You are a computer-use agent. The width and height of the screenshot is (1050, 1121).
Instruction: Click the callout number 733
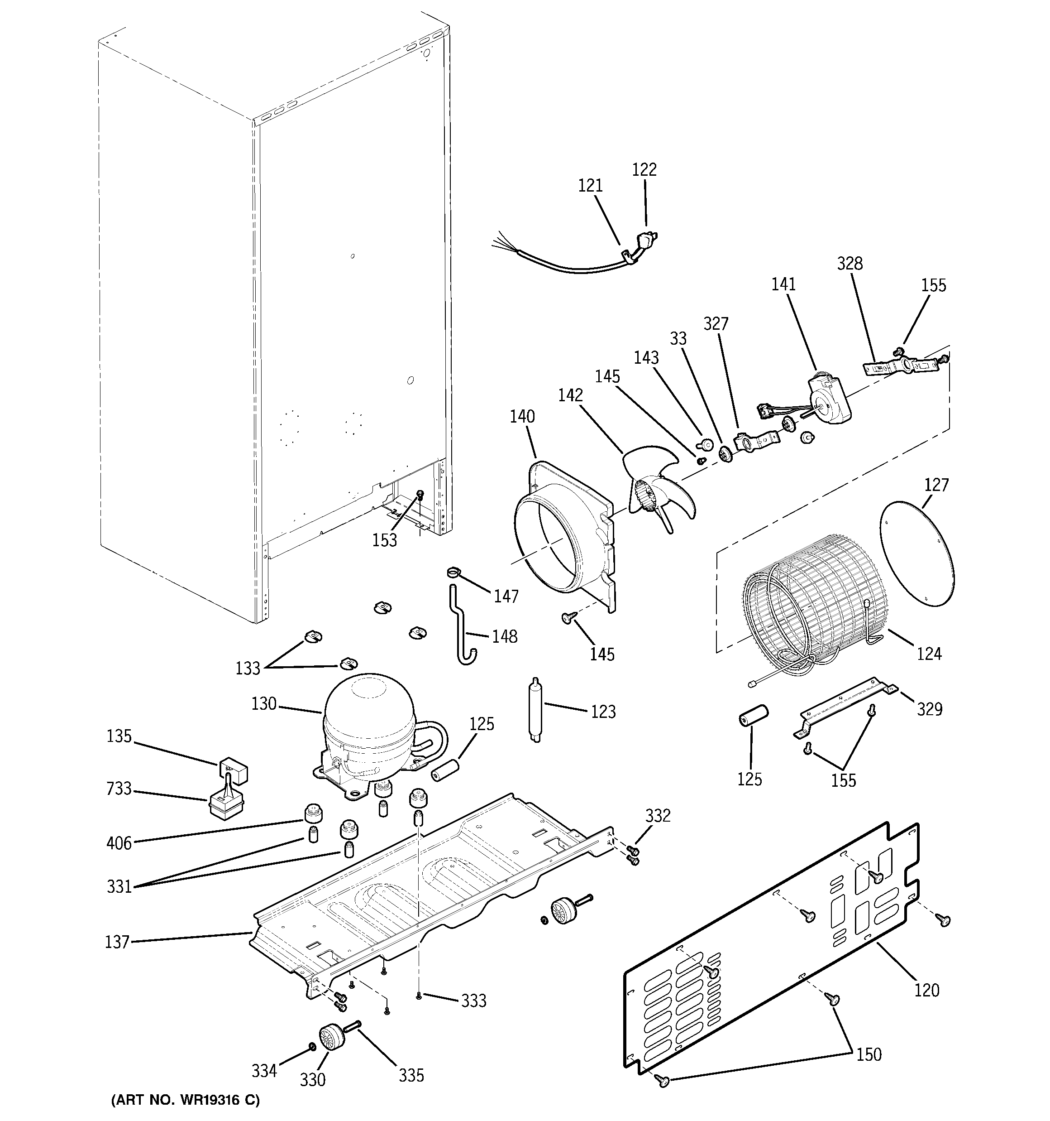coord(119,788)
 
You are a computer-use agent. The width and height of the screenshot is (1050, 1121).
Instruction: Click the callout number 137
coord(117,942)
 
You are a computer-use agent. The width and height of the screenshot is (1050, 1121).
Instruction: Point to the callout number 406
coord(119,843)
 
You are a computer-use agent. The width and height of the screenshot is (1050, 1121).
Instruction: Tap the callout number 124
coord(929,654)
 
